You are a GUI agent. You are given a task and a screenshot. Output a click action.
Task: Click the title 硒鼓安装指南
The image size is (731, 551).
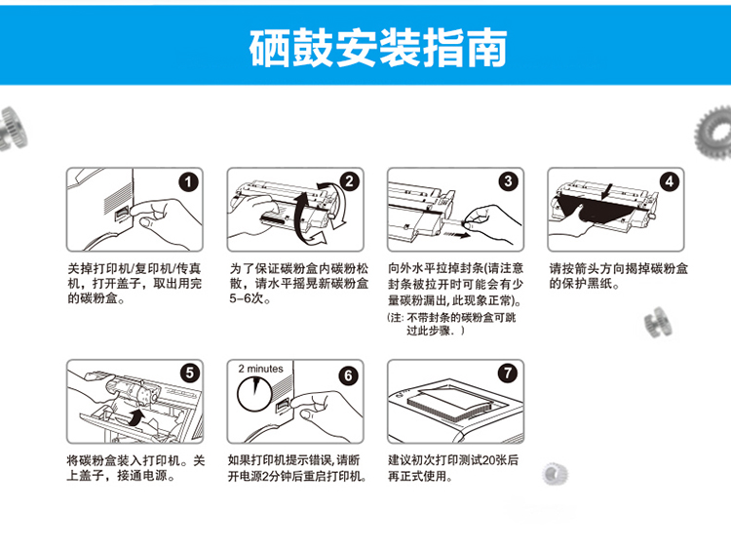(x=378, y=48)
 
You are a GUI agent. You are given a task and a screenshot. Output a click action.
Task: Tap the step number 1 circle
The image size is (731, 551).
(x=188, y=182)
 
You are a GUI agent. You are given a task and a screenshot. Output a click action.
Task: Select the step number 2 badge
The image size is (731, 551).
(x=349, y=181)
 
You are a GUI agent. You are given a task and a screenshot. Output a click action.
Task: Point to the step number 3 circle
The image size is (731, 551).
(x=508, y=181)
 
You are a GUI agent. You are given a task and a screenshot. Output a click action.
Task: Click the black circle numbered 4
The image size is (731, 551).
(x=670, y=181)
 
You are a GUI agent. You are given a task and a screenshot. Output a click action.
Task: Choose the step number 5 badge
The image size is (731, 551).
(x=190, y=374)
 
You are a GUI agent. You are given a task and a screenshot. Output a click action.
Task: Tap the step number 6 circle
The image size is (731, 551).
(x=348, y=375)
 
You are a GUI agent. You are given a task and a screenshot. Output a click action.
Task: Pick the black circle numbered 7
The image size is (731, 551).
(x=508, y=373)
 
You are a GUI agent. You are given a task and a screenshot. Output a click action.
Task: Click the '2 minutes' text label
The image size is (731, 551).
(x=260, y=369)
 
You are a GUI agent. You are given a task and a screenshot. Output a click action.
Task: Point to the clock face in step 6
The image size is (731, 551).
(x=254, y=394)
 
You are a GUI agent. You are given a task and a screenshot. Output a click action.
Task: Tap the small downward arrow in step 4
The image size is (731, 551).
(x=607, y=190)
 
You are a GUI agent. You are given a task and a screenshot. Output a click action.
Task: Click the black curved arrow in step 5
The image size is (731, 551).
(x=136, y=417)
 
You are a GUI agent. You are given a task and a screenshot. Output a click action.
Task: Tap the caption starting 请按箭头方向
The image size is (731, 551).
(x=618, y=276)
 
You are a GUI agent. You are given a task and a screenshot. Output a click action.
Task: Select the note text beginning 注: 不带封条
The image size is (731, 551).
(x=451, y=324)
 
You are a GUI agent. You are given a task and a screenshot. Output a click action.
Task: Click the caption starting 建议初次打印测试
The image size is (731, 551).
(x=452, y=468)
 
